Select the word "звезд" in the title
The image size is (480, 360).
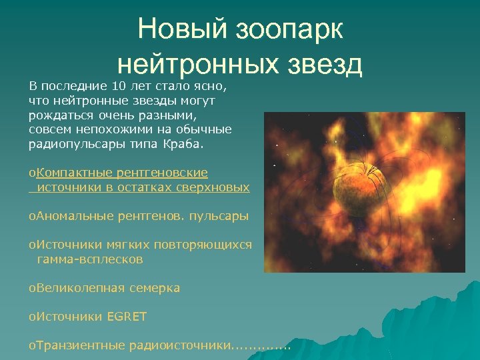pyautogui.click(x=323, y=64)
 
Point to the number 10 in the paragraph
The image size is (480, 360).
pyautogui.click(x=117, y=86)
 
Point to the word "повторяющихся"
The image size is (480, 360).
pyautogui.click(x=210, y=245)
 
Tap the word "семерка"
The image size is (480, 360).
pyautogui.click(x=155, y=288)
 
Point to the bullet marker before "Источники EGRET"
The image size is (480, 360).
pyautogui.click(x=31, y=317)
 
